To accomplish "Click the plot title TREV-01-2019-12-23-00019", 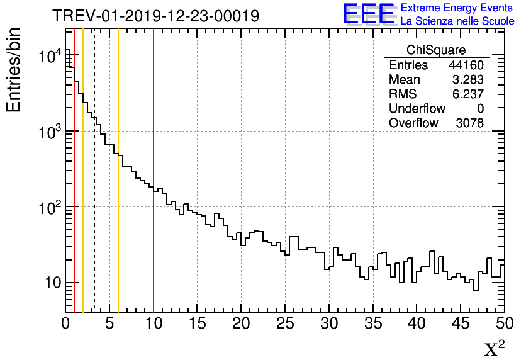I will pos(155,16).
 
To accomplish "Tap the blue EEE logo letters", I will pos(369,14).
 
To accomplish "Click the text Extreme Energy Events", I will pos(457,8).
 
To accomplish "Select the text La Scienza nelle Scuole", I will pos(457,21).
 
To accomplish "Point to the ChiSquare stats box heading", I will pos(436,50).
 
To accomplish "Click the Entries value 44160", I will pos(466,65).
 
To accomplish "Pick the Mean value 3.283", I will pos(469,80).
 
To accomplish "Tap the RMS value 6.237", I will pos(469,94).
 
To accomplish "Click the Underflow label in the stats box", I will pos(417,109).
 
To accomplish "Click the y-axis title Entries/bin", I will pos(14,69).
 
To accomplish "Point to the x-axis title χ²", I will pos(495,348).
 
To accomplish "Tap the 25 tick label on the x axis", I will pos(285,324).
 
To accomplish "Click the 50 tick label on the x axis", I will pos(504,324).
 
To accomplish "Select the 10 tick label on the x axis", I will pos(154,324).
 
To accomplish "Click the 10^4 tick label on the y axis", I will pos(50,57).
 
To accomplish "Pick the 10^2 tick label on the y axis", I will pos(50,207).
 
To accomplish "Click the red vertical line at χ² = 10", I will pos(154,252).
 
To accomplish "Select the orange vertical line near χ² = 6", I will pos(118,252).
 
